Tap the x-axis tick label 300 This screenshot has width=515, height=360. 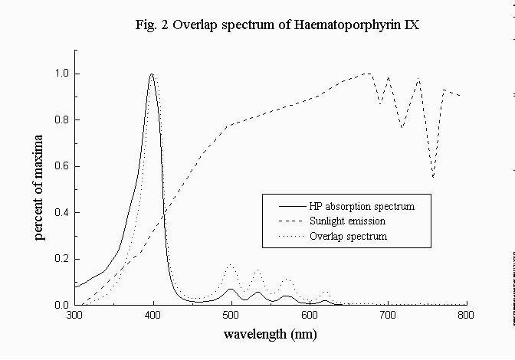point(74,316)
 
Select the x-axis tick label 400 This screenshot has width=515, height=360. point(153,316)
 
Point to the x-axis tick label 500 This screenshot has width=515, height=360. point(231,316)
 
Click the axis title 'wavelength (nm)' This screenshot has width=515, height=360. point(270,335)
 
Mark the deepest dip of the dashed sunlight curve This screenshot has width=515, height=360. point(433,177)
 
